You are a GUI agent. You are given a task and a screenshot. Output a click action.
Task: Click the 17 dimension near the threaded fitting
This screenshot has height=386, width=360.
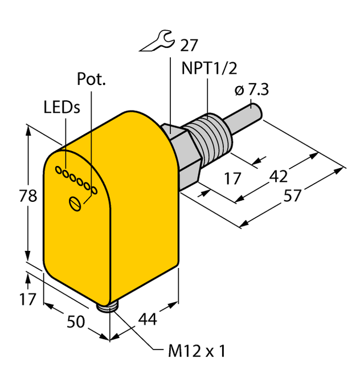point(232,178)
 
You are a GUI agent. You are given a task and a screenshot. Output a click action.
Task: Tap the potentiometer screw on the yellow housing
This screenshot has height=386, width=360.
point(73,202)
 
